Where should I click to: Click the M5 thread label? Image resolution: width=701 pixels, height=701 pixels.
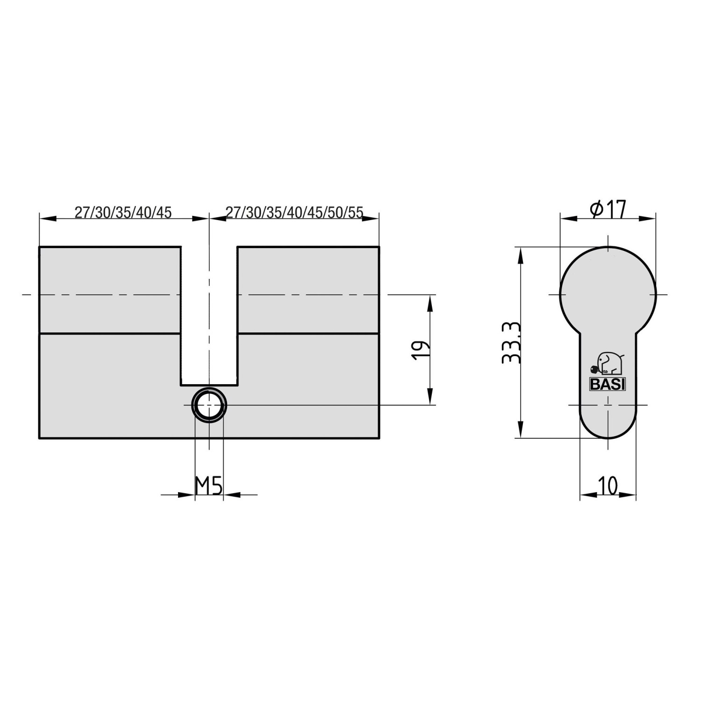pyautogui.click(x=208, y=486)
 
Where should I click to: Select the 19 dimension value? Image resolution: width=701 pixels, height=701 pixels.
pyautogui.click(x=420, y=350)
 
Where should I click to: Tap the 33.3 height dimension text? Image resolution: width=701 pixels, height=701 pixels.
pyautogui.click(x=510, y=343)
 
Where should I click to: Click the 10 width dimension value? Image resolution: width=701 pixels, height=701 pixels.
pyautogui.click(x=608, y=486)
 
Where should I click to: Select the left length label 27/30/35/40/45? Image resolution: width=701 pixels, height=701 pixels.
pyautogui.click(x=123, y=213)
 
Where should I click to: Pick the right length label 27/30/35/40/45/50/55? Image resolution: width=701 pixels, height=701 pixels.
pyautogui.click(x=294, y=213)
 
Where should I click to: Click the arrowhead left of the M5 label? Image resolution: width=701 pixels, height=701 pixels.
pyautogui.click(x=187, y=494)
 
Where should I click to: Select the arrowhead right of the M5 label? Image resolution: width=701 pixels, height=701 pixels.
pyautogui.click(x=231, y=494)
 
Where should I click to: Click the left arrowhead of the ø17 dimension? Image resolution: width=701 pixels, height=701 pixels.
pyautogui.click(x=567, y=218)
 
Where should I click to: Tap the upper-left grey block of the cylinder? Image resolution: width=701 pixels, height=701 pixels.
pyautogui.click(x=109, y=289)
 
